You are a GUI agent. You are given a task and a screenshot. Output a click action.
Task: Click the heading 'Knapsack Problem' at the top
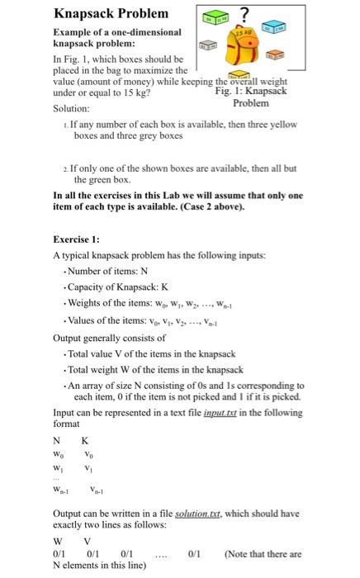pos(111,13)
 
